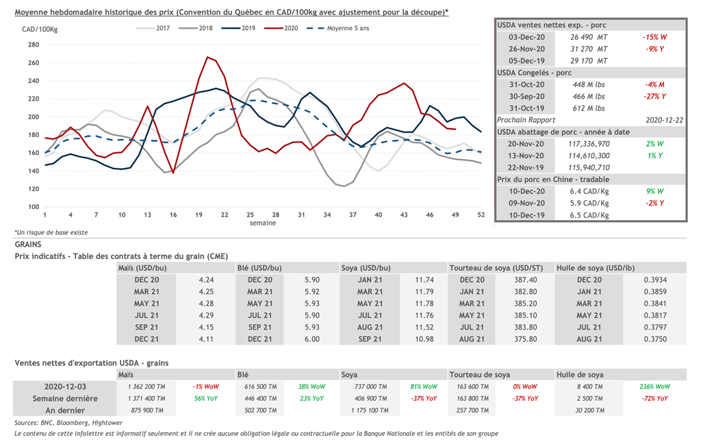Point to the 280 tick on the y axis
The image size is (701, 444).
[x=34, y=45]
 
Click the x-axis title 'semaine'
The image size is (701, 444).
[x=262, y=223]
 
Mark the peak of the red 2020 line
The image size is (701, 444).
[x=207, y=57]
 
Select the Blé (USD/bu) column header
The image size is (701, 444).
[x=259, y=268]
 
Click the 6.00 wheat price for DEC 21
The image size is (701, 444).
[x=311, y=339]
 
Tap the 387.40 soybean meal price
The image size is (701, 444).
[x=526, y=280]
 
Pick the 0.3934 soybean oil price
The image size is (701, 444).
[x=655, y=280]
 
